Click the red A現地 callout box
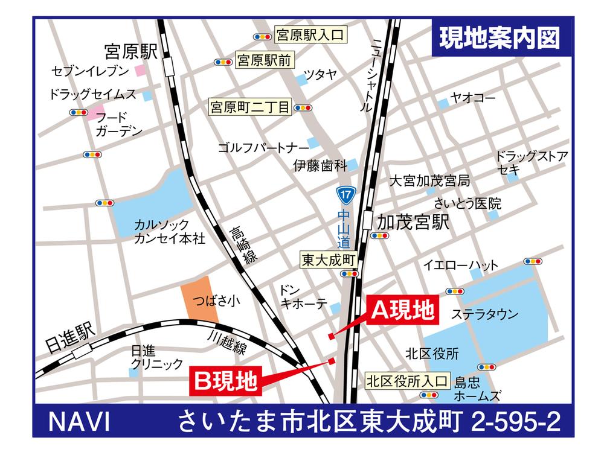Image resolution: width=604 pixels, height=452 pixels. click(402, 310)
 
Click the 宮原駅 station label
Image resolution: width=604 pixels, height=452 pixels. click(130, 50)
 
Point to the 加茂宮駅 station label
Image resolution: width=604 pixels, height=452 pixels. click(413, 223)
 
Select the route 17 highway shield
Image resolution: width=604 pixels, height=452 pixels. click(344, 195)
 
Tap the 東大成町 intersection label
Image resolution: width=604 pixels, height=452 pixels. click(329, 259)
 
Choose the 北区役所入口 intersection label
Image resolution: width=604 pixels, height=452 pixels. click(407, 381)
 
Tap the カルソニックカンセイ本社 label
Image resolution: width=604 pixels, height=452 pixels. click(170, 232)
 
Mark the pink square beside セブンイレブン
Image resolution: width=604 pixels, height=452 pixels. click(140, 71)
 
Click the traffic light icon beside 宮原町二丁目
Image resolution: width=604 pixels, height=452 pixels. click(304, 109)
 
